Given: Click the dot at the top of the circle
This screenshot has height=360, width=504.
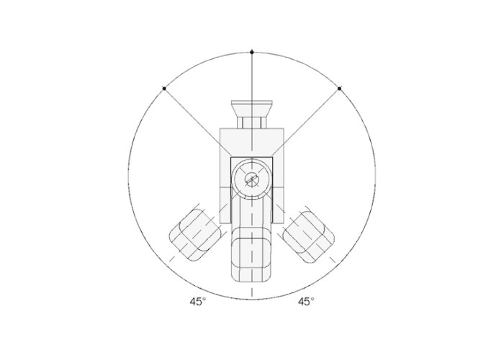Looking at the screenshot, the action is (252, 52).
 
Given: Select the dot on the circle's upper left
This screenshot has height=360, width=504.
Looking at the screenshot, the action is (164, 89).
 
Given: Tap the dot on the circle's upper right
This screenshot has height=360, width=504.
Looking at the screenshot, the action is (340, 89).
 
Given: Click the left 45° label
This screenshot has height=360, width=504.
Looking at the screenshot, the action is (198, 302).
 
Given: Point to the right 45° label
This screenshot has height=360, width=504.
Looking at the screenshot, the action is (306, 302).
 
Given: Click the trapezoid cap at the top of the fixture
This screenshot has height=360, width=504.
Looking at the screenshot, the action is (252, 109).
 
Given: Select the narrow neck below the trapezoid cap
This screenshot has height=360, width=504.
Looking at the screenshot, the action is (252, 122).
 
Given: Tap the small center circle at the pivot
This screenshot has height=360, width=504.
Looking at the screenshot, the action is (252, 179).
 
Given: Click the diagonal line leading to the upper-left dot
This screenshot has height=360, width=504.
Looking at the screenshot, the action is (197, 122).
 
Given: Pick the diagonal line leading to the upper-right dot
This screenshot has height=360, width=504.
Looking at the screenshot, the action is (306, 122).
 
